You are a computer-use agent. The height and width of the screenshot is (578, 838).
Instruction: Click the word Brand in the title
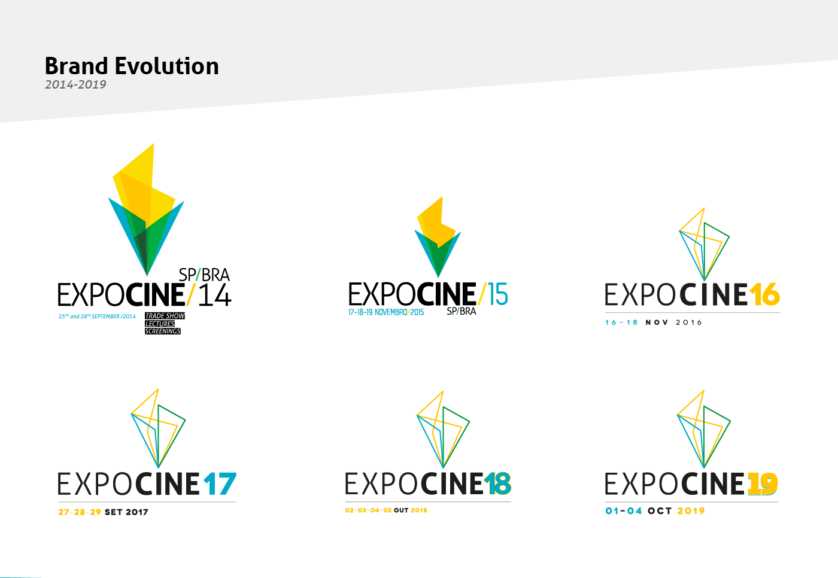pos(76,66)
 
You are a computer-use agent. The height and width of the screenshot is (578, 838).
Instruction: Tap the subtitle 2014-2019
pos(75,85)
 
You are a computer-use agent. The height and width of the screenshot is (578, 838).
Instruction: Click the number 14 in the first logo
pos(214,296)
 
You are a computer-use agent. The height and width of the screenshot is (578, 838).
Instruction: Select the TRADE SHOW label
pos(165,316)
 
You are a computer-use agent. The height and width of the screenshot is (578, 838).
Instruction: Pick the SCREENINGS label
pos(162,331)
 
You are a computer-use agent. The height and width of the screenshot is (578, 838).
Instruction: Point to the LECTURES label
pos(160,324)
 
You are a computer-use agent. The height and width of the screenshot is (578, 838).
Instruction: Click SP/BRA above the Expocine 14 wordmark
pos(204,275)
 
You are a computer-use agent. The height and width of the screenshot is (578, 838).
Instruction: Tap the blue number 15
pos(497,294)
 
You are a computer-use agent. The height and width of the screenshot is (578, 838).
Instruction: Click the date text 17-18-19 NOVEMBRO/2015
pos(385,312)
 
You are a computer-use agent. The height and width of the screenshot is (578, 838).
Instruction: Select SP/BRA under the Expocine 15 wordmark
pos(461,311)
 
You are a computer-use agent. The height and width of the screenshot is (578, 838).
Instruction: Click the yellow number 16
pos(764,294)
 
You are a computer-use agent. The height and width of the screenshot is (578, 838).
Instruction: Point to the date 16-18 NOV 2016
pos(653,323)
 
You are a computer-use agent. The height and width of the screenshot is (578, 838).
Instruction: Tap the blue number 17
pos(219,484)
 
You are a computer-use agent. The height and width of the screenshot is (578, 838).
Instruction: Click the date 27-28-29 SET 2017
pos(103,512)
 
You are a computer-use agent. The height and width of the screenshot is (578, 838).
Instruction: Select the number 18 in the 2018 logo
pos(497,484)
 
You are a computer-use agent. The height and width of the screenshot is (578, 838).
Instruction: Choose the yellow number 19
pos(762,484)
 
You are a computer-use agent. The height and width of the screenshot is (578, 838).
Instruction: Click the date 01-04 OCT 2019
pos(655,511)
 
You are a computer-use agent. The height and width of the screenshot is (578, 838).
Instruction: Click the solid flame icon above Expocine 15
pos(438,235)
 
